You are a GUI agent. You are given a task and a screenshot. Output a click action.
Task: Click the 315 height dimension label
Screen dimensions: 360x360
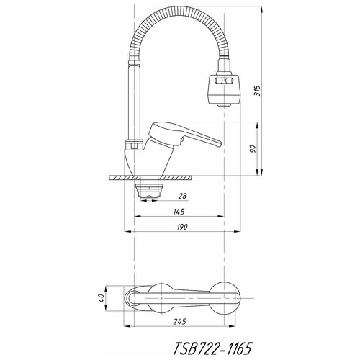click(x=257, y=91)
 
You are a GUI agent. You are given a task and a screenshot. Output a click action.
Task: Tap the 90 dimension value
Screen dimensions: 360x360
click(x=253, y=149)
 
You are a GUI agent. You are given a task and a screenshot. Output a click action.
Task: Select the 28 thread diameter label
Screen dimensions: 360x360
click(x=182, y=196)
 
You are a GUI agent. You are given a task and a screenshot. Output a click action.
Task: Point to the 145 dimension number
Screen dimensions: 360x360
click(x=179, y=212)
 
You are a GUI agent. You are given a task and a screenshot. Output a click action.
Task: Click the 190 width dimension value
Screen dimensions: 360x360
click(x=182, y=227)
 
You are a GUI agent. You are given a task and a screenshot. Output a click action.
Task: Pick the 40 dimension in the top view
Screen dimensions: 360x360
click(x=102, y=298)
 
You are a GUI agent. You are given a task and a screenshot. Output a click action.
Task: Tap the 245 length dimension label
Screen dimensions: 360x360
click(x=179, y=322)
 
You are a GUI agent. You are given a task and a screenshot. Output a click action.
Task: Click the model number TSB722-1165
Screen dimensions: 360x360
click(x=212, y=348)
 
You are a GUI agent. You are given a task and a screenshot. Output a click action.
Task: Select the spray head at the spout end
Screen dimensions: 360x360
click(x=223, y=90)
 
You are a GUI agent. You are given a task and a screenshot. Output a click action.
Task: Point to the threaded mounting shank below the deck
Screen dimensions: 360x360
click(x=149, y=191)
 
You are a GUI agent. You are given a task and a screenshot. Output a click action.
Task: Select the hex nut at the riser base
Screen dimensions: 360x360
click(x=135, y=145)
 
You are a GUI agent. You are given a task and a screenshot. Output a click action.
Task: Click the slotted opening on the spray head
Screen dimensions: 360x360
click(x=223, y=81)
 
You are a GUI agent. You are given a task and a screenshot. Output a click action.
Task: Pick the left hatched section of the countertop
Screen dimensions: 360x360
click(x=125, y=178)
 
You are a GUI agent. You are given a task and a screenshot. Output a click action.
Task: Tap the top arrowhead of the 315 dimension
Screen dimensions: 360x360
click(x=262, y=9)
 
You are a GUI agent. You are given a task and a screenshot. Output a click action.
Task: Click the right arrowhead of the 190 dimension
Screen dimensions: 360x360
click(x=237, y=231)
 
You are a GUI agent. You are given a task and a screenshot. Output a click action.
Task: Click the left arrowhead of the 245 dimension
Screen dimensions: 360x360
click(x=127, y=326)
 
